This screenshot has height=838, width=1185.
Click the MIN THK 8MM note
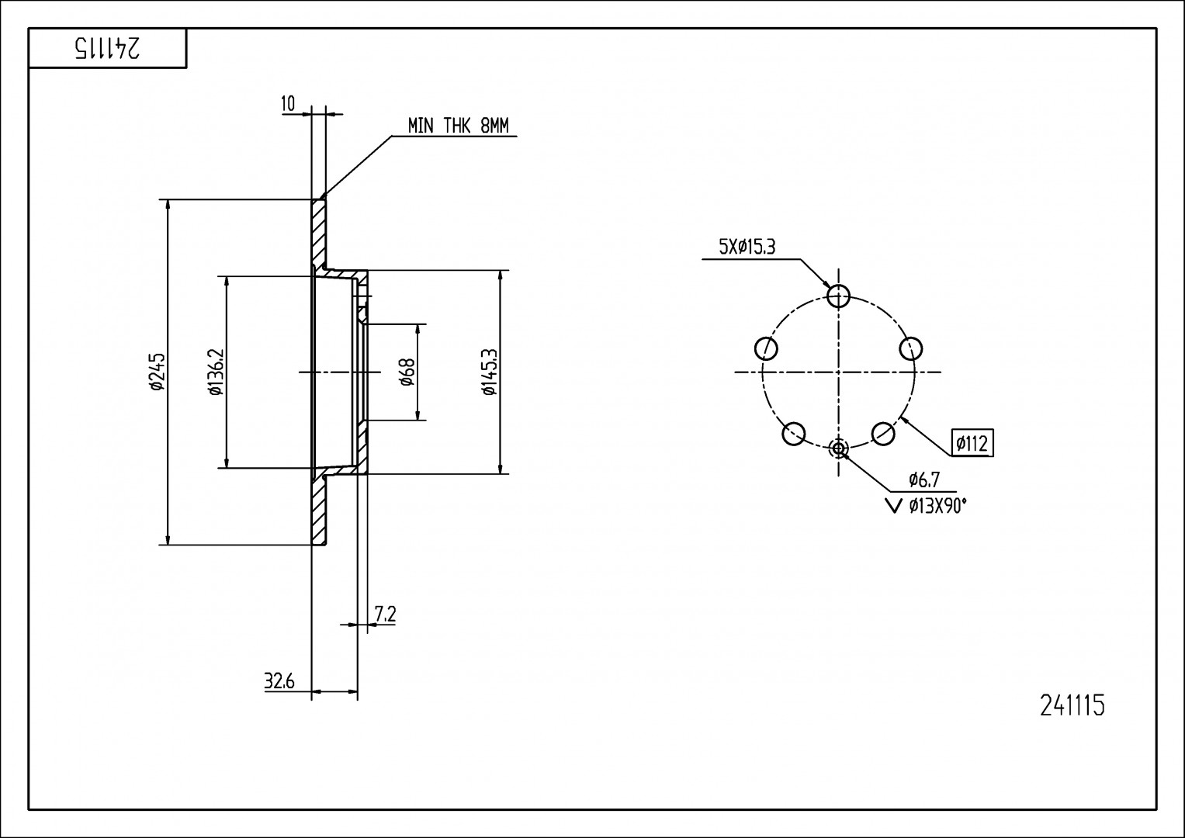tap(458, 126)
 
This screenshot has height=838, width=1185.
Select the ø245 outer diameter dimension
tap(157, 372)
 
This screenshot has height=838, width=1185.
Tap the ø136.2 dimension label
tap(216, 372)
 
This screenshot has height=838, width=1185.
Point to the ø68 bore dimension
tap(407, 372)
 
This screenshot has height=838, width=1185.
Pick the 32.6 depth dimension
tap(279, 681)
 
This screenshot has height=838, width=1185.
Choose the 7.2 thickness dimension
tap(386, 615)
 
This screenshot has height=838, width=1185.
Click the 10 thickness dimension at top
tap(288, 105)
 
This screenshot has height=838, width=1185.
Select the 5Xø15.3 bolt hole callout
tap(747, 248)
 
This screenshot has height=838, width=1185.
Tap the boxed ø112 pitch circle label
tap(972, 443)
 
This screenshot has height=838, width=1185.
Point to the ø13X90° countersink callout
tap(937, 507)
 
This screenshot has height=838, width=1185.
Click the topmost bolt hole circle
tap(839, 295)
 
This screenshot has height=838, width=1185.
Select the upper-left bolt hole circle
tap(766, 348)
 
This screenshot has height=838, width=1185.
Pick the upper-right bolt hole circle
tap(911, 348)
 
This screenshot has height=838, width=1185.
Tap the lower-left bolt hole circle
tap(794, 434)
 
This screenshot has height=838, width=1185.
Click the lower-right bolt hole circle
tap(884, 433)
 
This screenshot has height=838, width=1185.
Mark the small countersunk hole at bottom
tap(839, 448)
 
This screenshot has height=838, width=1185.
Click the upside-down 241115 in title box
tap(108, 49)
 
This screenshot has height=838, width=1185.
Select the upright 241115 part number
tap(1071, 706)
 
